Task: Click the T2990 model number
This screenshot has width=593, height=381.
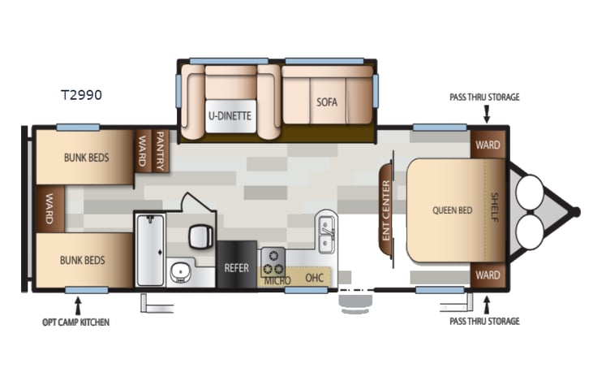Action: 81,94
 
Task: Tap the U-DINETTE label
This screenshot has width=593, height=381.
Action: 230,116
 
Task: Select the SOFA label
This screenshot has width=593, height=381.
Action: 327,102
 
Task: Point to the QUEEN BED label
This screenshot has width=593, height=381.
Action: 453,210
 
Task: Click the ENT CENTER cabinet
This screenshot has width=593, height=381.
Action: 385,210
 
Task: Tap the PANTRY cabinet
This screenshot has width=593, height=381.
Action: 160,150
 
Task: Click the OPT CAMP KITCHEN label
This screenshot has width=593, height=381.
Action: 75,322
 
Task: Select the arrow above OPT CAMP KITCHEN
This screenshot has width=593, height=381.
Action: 79,305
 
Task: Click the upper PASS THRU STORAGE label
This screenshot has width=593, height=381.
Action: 484,97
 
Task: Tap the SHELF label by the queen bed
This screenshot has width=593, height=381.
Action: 494,210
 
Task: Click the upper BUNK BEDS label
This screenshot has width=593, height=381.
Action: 86,157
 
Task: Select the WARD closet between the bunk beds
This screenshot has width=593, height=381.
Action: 49,210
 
